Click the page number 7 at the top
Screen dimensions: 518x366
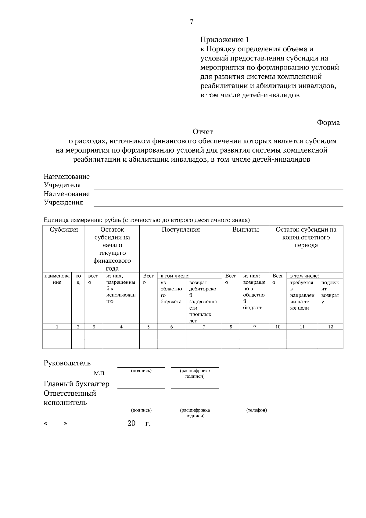pos(192,22)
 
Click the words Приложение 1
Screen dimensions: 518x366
pos(224,40)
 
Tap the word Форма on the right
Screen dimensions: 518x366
pos(328,123)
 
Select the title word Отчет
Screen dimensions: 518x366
pos(203,132)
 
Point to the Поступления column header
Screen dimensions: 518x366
pos(181,230)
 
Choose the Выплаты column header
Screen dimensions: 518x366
pos(245,230)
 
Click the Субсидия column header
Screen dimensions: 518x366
pos(64,230)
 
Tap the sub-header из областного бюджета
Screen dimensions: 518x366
pos(171,292)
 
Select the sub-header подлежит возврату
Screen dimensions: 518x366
pos(330,292)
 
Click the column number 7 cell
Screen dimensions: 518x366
pos(204,327)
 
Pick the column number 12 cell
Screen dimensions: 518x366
pos(330,327)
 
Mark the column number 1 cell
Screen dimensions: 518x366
pos(57,327)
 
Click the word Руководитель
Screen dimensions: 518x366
pos(67,363)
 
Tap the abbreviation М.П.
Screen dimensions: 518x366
pos(100,373)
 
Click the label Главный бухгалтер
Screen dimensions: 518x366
pos(76,384)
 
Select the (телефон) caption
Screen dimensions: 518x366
pos(256,410)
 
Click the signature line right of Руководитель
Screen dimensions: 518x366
pos(141,366)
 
